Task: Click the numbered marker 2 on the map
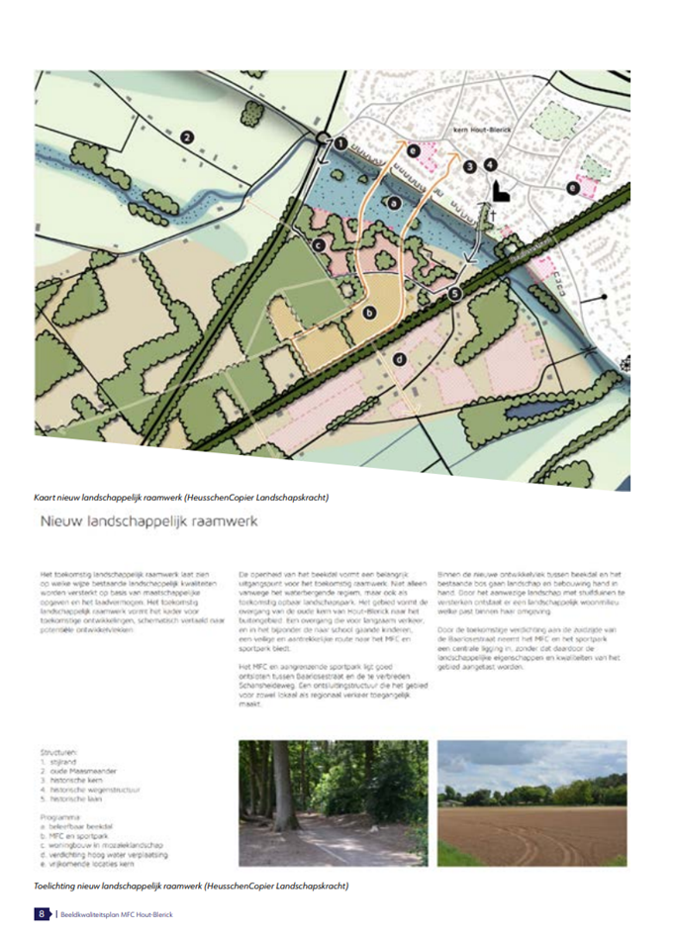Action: (186, 140)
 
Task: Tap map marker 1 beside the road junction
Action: (340, 142)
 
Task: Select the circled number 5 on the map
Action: (454, 293)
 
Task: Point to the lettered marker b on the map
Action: (371, 313)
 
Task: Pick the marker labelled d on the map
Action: (400, 359)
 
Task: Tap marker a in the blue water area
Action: (394, 202)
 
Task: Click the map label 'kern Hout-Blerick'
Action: (480, 129)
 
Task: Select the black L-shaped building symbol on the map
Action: (500, 190)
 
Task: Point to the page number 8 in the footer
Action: (41, 913)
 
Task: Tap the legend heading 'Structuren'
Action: (58, 753)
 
